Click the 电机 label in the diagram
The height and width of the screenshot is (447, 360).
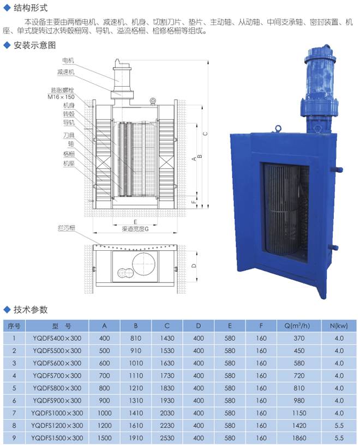[68, 61]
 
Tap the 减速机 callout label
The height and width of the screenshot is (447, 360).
[65, 72]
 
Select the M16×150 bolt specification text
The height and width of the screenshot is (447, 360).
[61, 97]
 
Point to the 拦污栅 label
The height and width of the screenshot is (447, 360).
[67, 228]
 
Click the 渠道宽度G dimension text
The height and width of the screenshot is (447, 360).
[135, 228]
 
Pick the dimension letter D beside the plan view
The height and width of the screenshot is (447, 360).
[194, 265]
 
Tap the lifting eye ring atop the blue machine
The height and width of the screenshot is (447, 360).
[278, 129]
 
